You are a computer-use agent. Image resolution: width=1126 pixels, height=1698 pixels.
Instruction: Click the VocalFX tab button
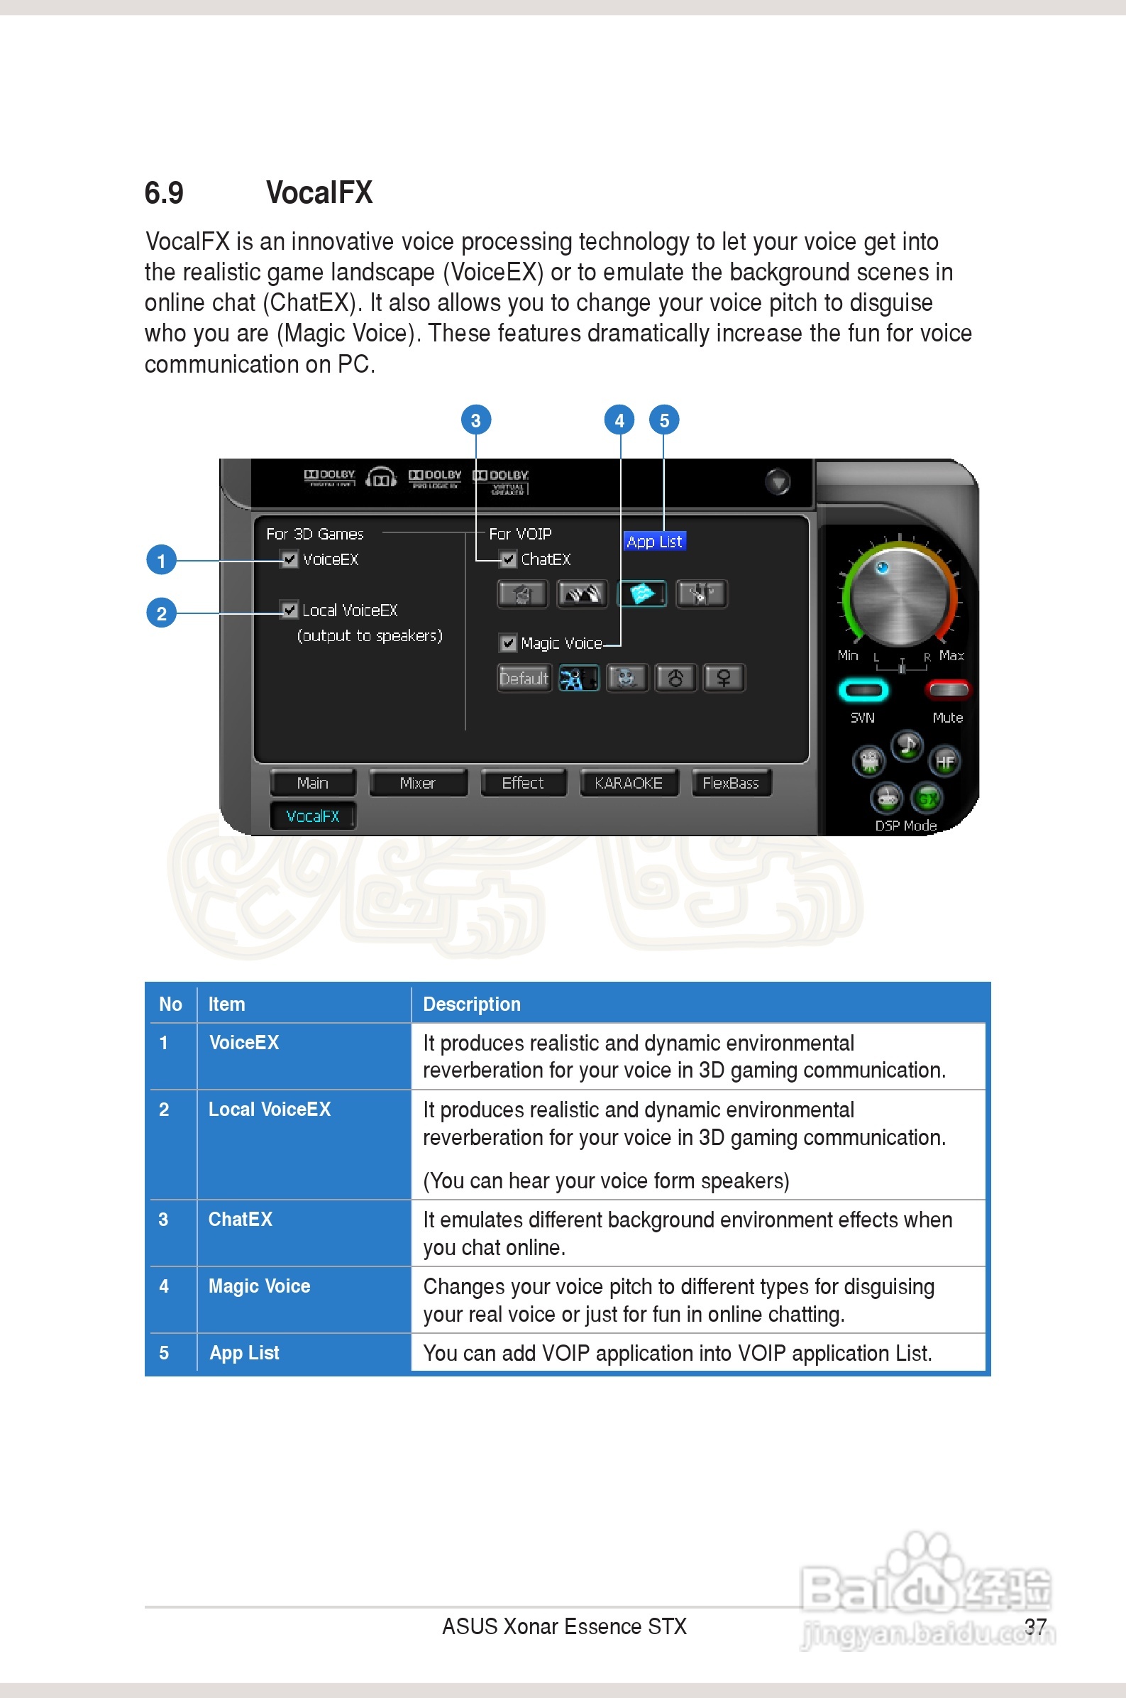coord(312,816)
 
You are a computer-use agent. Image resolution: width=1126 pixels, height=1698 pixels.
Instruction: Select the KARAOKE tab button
coord(629,783)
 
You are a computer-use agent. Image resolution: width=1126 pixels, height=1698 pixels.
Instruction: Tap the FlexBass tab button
coord(730,783)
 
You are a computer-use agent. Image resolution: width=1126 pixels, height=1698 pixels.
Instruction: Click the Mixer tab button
coord(417,783)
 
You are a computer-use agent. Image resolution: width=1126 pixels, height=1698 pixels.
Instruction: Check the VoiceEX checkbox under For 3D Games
coord(289,559)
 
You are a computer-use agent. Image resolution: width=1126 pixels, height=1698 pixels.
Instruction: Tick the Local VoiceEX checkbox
coord(289,610)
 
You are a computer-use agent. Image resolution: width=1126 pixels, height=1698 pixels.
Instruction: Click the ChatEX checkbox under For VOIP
coord(509,559)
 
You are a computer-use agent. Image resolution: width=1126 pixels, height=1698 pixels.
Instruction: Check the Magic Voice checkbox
coord(509,643)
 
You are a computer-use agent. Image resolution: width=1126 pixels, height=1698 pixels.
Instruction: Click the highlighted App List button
coord(654,542)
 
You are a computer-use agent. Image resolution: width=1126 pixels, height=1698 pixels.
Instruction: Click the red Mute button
coord(948,690)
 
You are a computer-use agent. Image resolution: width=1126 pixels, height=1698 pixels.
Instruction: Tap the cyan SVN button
coord(863,690)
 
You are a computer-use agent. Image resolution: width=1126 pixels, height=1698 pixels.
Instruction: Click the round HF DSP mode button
coord(945,762)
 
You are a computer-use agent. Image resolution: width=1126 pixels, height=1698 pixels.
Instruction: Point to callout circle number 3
coord(475,420)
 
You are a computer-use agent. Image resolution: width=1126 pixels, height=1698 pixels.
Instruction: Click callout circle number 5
coord(664,420)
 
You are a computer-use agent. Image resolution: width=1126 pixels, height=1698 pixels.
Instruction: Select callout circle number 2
coord(162,613)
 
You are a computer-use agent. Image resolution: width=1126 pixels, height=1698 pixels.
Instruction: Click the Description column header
coord(472,1004)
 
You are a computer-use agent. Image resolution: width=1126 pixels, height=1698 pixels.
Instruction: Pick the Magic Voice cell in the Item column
coord(259,1286)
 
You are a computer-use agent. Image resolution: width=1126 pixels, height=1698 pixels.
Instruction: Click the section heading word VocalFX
coord(319,192)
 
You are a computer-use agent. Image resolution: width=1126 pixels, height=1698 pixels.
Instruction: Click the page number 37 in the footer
coord(1034,1626)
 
